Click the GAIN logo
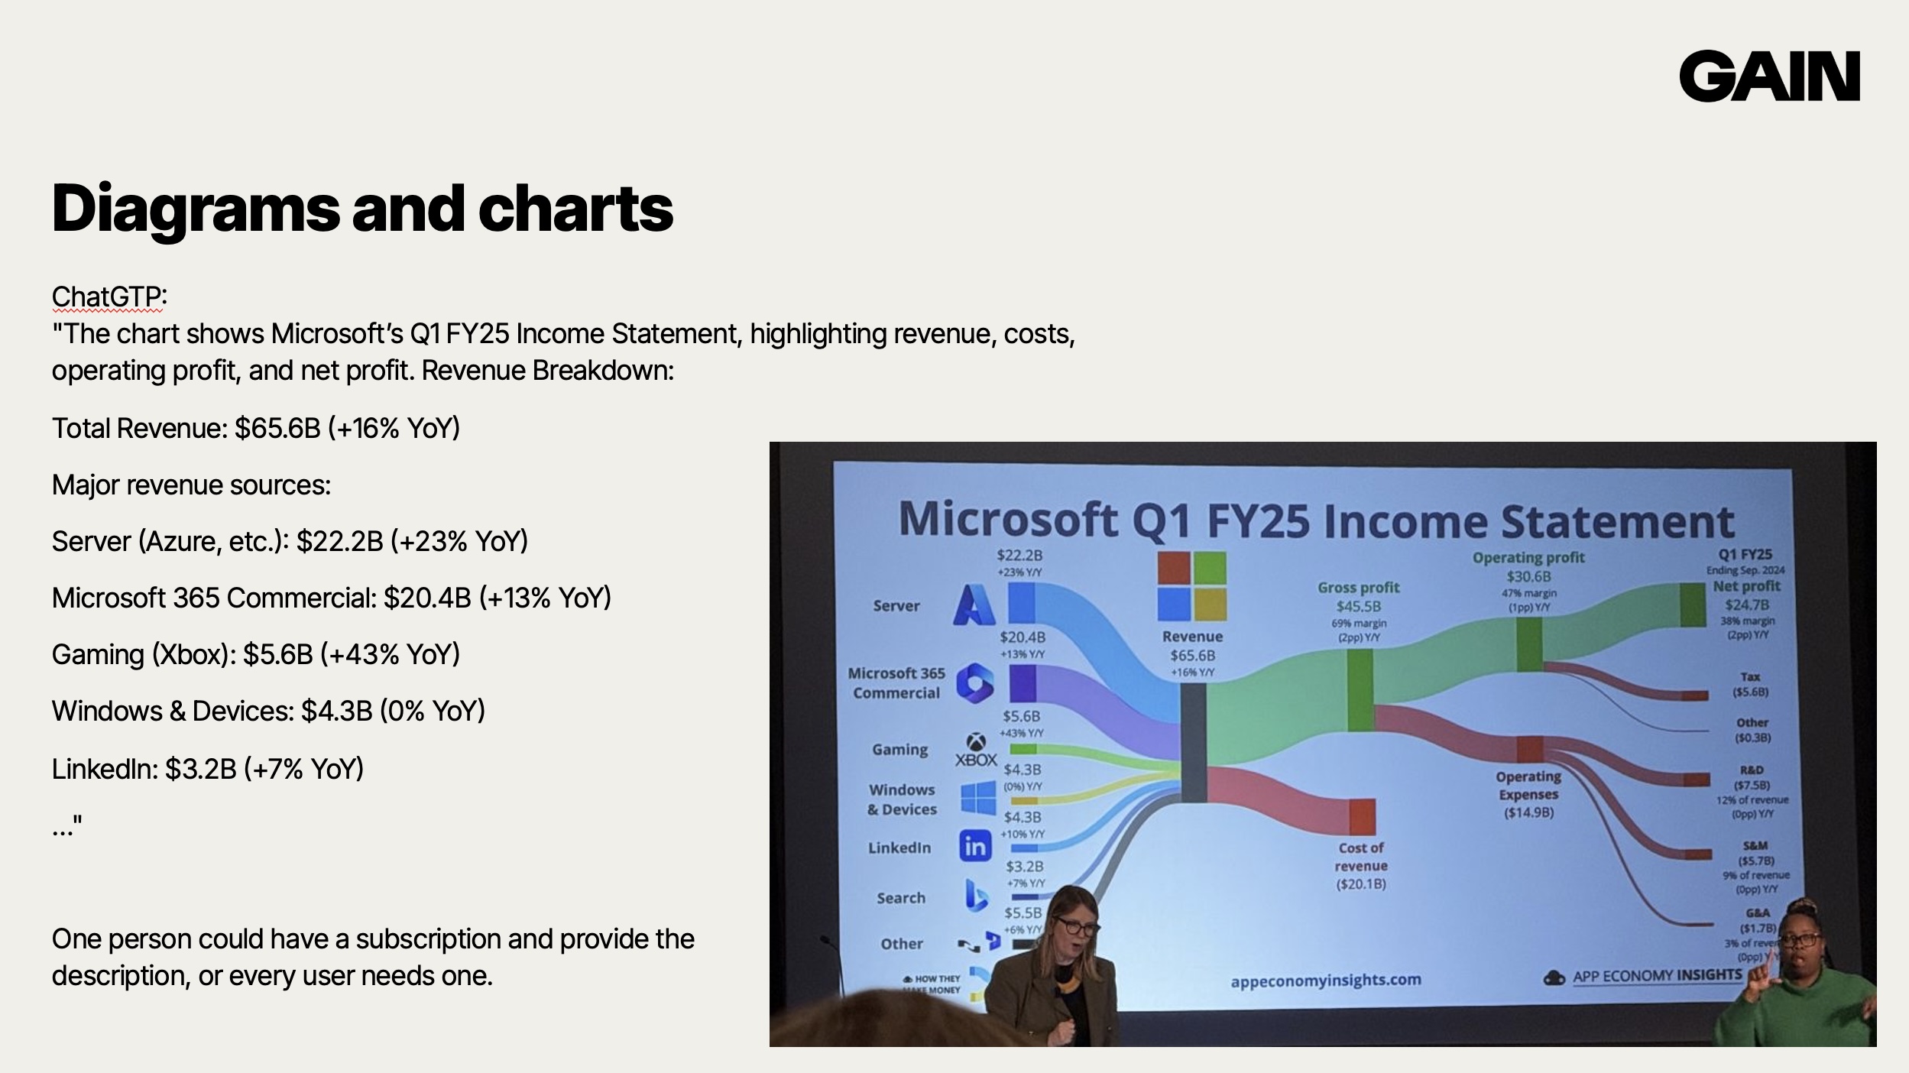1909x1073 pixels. point(1768,76)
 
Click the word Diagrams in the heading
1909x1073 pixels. point(195,208)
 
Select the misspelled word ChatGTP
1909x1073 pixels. point(107,296)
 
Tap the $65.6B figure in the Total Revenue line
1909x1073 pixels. point(277,428)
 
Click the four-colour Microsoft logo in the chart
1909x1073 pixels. point(1191,586)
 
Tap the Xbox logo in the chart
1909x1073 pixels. point(976,750)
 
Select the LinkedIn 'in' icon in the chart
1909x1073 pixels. point(975,846)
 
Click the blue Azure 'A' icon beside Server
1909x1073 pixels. point(974,605)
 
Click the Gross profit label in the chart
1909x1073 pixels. point(1358,588)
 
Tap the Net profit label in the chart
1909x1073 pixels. point(1747,586)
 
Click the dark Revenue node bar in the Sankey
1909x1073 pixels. point(1194,742)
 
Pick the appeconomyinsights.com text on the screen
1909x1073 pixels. point(1325,980)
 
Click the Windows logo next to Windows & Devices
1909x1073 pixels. point(978,797)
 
